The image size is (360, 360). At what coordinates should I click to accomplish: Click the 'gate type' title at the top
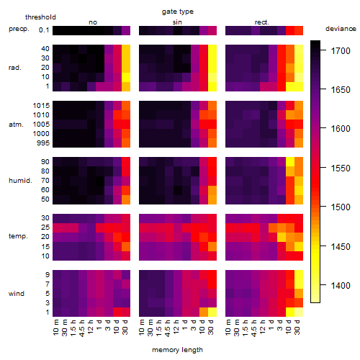(178, 12)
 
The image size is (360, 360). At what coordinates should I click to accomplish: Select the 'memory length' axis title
(177, 350)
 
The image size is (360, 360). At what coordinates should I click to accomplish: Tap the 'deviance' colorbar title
(341, 29)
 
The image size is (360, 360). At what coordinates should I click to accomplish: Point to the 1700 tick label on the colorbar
(341, 51)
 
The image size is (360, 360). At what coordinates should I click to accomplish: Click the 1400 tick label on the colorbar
(341, 286)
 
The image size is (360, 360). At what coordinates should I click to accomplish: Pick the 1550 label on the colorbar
(341, 168)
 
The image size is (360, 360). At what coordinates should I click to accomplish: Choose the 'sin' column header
(177, 22)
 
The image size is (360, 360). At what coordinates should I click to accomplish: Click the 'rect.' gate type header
(262, 22)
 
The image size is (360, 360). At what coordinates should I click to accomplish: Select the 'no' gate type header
(93, 22)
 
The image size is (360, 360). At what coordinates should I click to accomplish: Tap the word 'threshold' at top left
(40, 17)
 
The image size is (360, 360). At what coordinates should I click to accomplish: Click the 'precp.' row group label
(19, 29)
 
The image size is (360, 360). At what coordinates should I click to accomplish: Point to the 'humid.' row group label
(20, 181)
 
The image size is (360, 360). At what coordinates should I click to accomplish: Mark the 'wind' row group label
(17, 294)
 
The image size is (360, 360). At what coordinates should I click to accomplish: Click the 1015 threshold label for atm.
(41, 106)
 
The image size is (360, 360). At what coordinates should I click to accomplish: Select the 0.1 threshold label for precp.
(44, 30)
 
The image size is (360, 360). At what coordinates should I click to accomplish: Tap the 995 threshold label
(43, 143)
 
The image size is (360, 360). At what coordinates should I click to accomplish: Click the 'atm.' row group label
(16, 125)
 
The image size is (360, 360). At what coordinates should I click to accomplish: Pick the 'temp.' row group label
(18, 236)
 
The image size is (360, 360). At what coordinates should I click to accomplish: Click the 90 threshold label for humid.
(45, 162)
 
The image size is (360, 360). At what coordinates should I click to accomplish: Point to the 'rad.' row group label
(15, 68)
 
